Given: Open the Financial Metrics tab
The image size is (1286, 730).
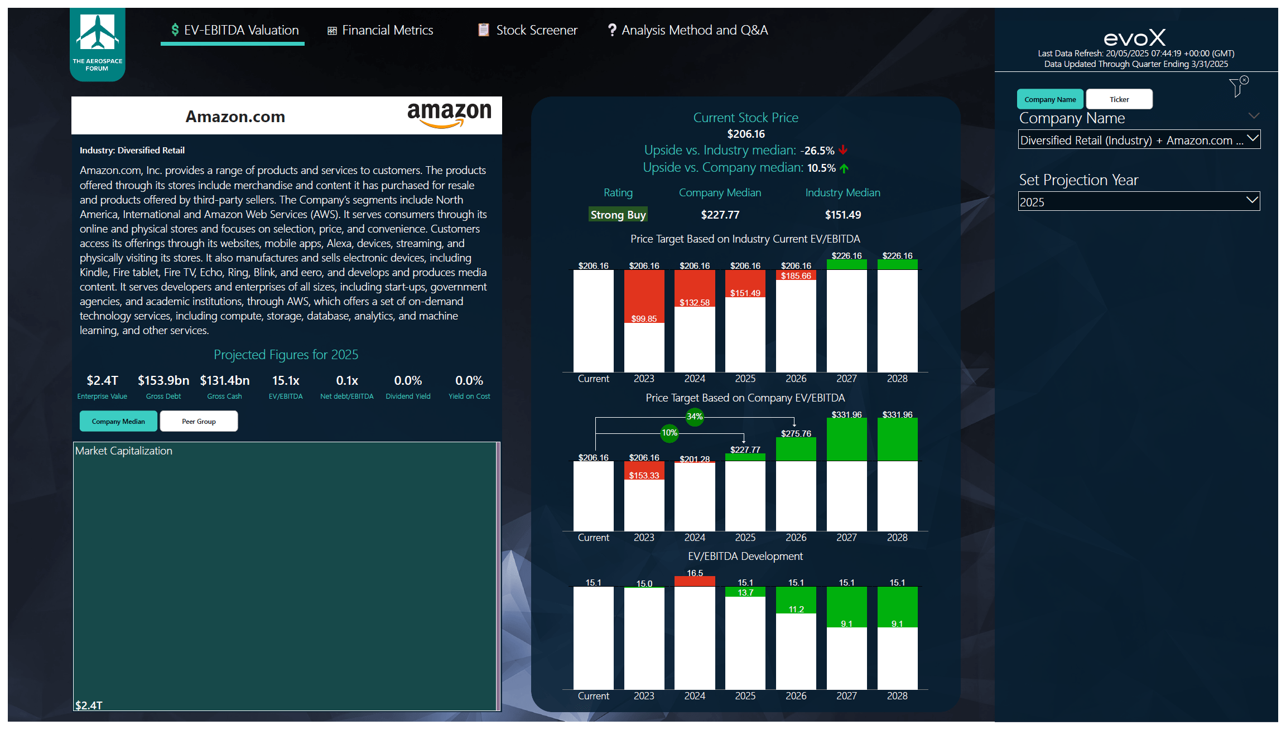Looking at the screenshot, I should pos(380,30).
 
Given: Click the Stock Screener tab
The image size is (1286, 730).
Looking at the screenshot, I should pos(527,30).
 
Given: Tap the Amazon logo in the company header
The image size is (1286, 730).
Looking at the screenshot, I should pos(449,114).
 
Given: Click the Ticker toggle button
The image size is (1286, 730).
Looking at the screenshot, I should pos(1119,99).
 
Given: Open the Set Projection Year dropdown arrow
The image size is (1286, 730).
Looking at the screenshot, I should pos(1252,200).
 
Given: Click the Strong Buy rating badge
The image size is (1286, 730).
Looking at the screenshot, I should pos(618,215).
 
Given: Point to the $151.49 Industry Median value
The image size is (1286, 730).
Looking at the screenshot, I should pos(842,215).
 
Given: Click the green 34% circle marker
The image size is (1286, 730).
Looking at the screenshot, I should pos(695,417).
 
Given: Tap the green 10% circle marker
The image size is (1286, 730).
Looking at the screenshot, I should pos(670,433).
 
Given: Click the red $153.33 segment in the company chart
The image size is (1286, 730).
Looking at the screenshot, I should pos(644,471).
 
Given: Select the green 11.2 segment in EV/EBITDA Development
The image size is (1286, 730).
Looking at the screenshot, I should pos(796,601).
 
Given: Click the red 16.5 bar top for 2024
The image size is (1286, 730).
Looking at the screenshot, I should pos(695,581).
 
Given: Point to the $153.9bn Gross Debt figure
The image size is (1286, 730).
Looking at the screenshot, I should pos(163,380).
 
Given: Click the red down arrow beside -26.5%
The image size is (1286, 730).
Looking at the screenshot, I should pos(843,150).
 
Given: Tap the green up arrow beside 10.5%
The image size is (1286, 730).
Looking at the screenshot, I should pos(844,168).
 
